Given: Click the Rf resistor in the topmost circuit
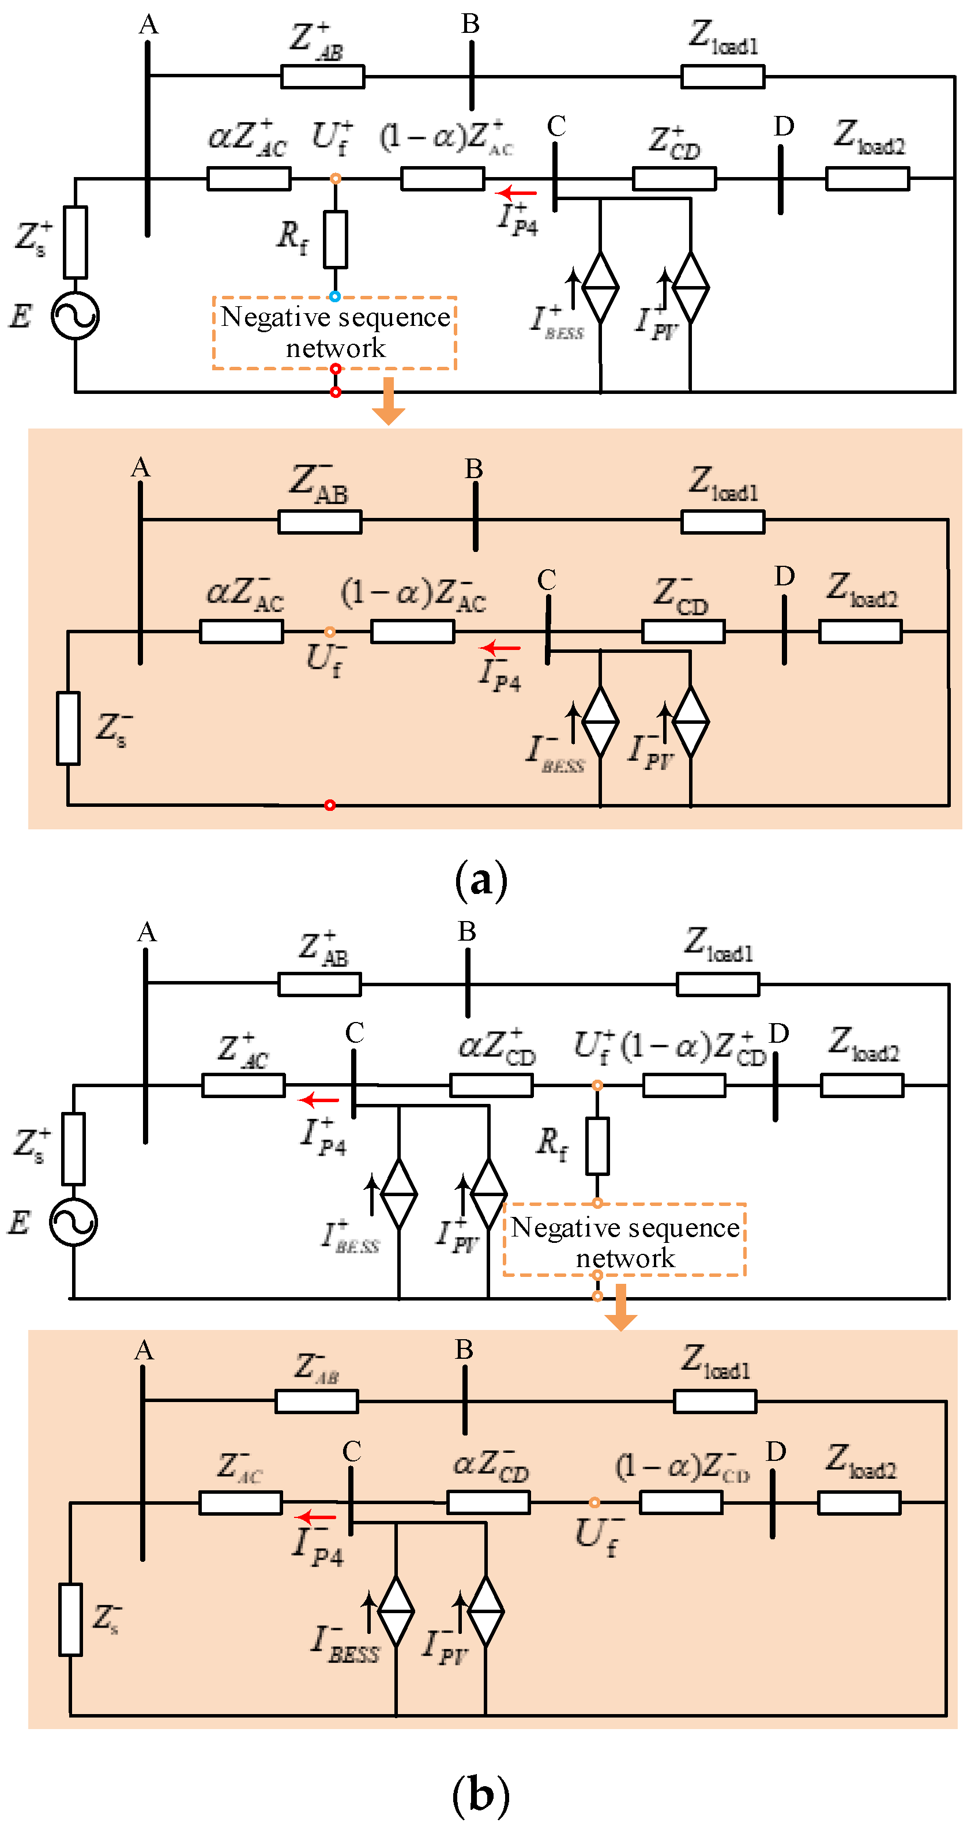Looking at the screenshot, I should click(x=335, y=239).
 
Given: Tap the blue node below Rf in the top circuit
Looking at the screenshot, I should click(x=334, y=296).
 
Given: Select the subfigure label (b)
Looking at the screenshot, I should click(x=481, y=1794).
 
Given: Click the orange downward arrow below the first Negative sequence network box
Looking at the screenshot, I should click(x=389, y=401).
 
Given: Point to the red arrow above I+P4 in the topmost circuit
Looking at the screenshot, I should click(x=517, y=193).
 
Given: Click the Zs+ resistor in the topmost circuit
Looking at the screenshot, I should click(x=76, y=242).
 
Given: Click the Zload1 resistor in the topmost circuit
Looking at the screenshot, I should click(x=722, y=77).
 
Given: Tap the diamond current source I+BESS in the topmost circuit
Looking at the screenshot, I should click(x=600, y=288).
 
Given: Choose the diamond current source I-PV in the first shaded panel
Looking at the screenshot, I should click(x=690, y=722).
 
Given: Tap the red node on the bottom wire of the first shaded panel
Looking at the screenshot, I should click(x=330, y=805).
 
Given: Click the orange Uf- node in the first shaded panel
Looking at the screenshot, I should click(x=330, y=632).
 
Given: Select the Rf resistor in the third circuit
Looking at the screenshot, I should click(x=597, y=1145).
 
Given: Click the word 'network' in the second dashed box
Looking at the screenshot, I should click(x=624, y=1257).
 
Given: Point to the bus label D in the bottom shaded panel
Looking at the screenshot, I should click(x=776, y=1451).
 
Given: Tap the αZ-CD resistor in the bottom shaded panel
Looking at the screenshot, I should click(x=489, y=1502).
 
